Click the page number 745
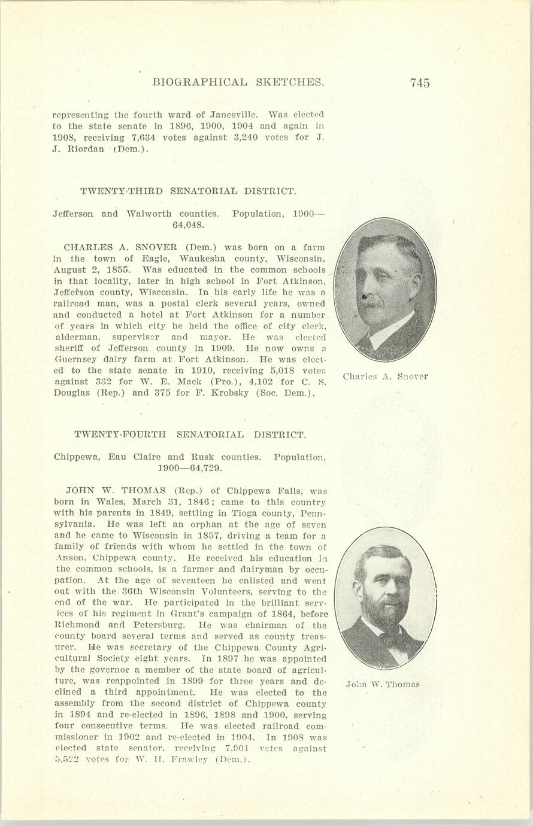pyautogui.click(x=420, y=83)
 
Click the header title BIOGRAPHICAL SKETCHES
pyautogui.click(x=238, y=82)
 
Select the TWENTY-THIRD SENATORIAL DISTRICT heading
pyautogui.click(x=188, y=192)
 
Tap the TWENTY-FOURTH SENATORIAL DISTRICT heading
pyautogui.click(x=190, y=435)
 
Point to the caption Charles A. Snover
pyautogui.click(x=385, y=376)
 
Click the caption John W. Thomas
pyautogui.click(x=382, y=684)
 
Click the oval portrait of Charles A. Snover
pyautogui.click(x=385, y=290)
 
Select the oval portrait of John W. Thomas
pyautogui.click(x=385, y=597)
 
